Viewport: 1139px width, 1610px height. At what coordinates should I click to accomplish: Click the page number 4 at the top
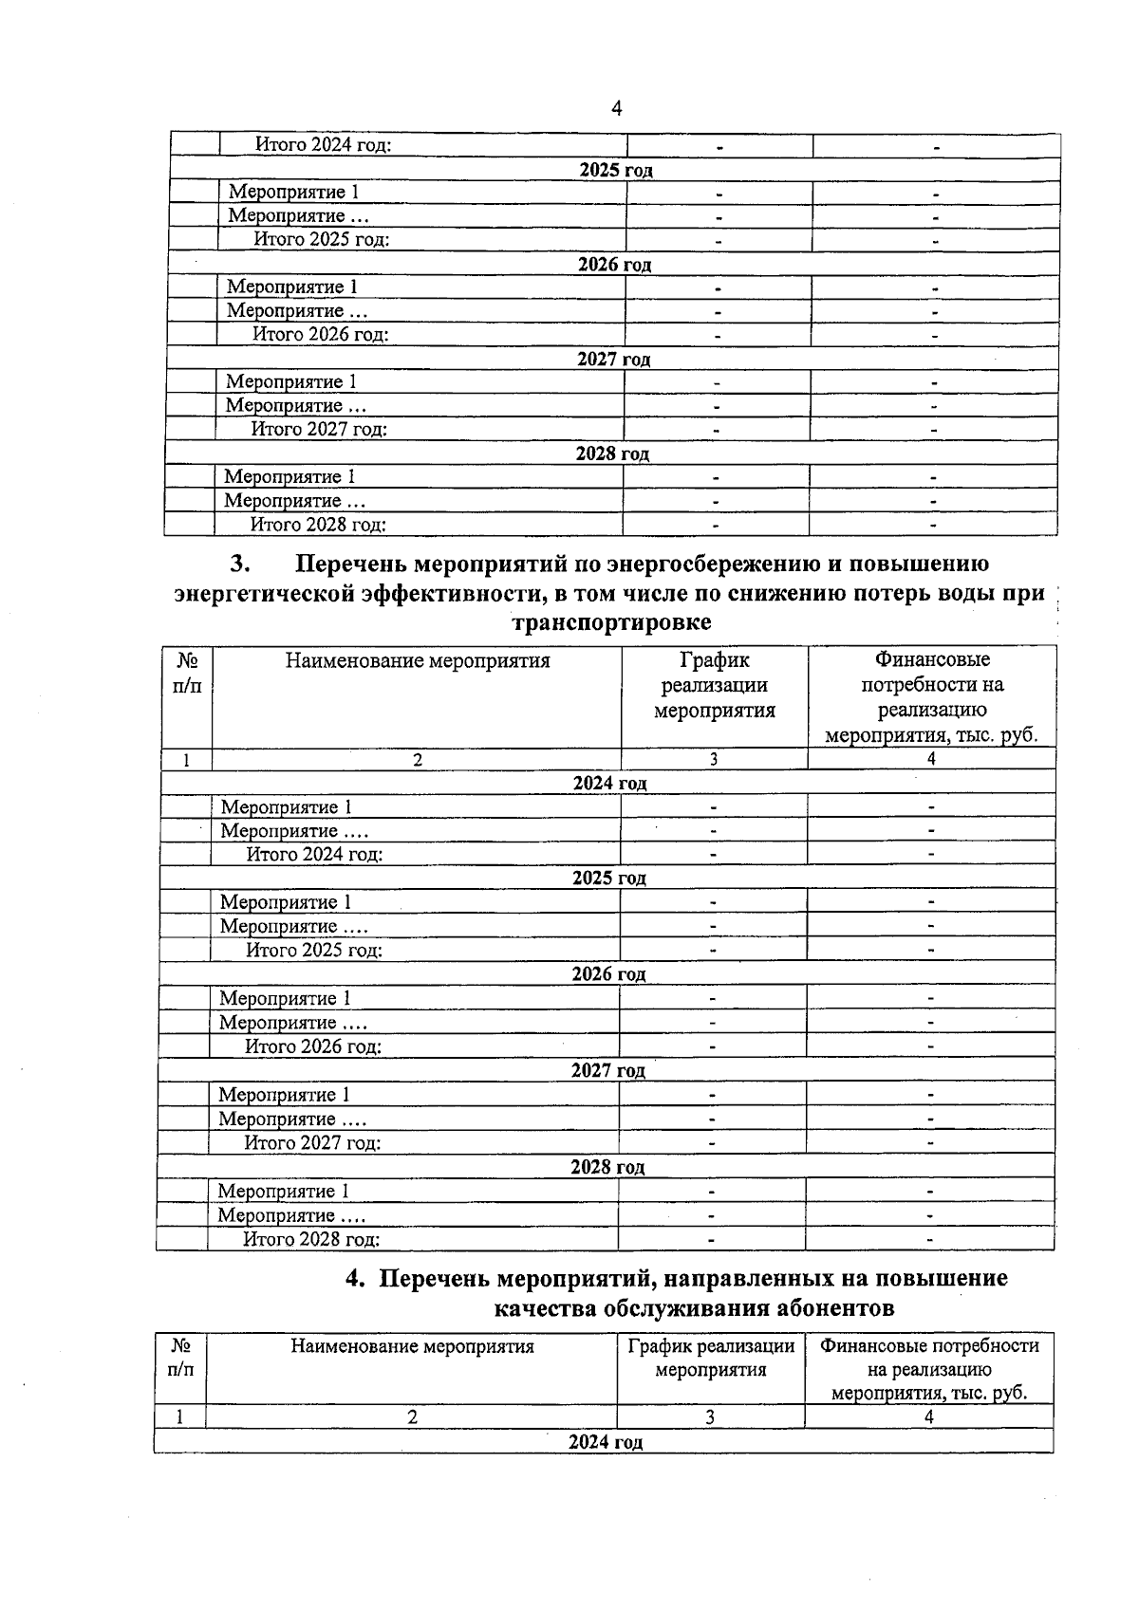tap(616, 109)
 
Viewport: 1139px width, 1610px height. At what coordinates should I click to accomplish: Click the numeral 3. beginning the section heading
tap(240, 564)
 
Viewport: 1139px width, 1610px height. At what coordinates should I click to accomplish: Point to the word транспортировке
tap(611, 623)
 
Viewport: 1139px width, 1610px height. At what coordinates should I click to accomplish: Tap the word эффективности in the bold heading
tap(458, 594)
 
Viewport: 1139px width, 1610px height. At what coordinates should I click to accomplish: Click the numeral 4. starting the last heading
tap(355, 1278)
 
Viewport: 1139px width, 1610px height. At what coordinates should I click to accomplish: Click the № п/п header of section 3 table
tap(187, 672)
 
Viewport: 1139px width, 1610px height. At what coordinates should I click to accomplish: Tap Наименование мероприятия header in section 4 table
tap(412, 1346)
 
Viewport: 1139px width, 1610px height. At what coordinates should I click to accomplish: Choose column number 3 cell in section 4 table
tap(710, 1416)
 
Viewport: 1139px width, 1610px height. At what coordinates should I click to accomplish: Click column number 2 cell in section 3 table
tap(417, 759)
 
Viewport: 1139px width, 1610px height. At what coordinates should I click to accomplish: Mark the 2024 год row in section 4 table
tap(606, 1442)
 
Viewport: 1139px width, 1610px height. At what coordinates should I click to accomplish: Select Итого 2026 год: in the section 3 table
tap(313, 1046)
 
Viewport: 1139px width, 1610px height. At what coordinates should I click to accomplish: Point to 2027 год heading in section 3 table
tap(607, 1070)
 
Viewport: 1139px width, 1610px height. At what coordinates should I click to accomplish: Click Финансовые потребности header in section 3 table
tap(931, 696)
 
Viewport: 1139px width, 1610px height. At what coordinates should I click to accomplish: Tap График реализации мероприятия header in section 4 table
tap(711, 1358)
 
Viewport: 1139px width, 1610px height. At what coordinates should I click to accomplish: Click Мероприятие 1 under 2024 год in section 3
tap(287, 807)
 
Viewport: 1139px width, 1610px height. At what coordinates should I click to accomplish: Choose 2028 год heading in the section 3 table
tap(607, 1167)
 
